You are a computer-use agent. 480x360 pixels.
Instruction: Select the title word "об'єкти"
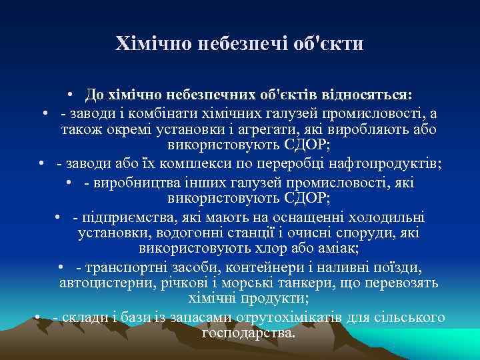pyautogui.click(x=331, y=44)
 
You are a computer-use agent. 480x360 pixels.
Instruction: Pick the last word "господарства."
pyautogui.click(x=247, y=332)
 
